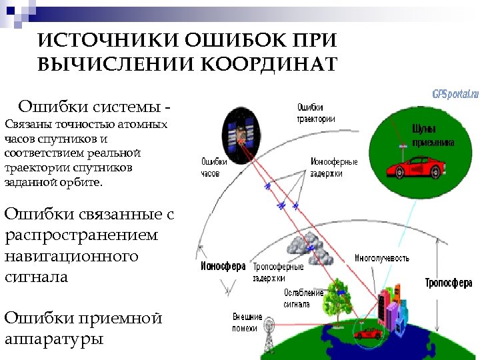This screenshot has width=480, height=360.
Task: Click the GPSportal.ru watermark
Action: click(x=455, y=94)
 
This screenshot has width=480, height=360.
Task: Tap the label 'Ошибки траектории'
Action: click(x=315, y=113)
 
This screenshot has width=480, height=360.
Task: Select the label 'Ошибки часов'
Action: click(x=214, y=167)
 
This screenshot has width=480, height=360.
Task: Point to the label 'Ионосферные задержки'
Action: click(x=334, y=167)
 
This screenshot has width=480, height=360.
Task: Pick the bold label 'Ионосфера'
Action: click(x=223, y=266)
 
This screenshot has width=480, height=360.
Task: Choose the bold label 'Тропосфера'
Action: click(x=449, y=283)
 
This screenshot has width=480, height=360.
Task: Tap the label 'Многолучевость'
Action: click(x=382, y=258)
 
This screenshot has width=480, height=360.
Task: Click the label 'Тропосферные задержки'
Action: click(x=278, y=272)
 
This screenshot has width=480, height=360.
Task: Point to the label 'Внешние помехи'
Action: click(x=247, y=322)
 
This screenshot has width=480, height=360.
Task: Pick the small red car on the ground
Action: click(x=367, y=332)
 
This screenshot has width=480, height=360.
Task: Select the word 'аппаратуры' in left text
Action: click(x=54, y=339)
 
